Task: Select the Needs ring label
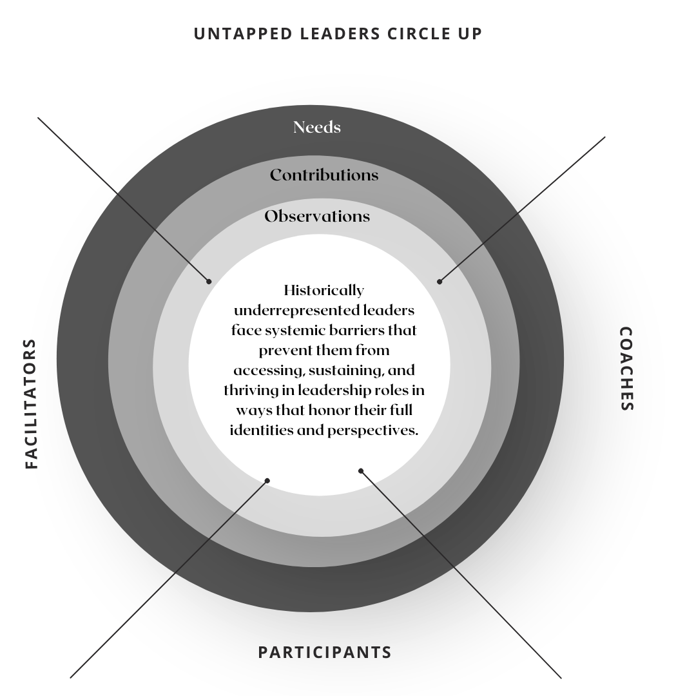coord(316,127)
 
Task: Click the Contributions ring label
coord(324,175)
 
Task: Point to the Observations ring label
coord(317,216)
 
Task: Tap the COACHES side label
coord(626,368)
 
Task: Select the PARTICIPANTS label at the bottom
coord(325,652)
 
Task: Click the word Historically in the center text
coord(324,290)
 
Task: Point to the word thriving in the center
coord(252,390)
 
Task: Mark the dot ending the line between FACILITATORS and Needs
coord(209,281)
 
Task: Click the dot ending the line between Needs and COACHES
coord(440,281)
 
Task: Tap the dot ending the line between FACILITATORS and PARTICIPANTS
coord(267,480)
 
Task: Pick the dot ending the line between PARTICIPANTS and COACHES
coord(361,470)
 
